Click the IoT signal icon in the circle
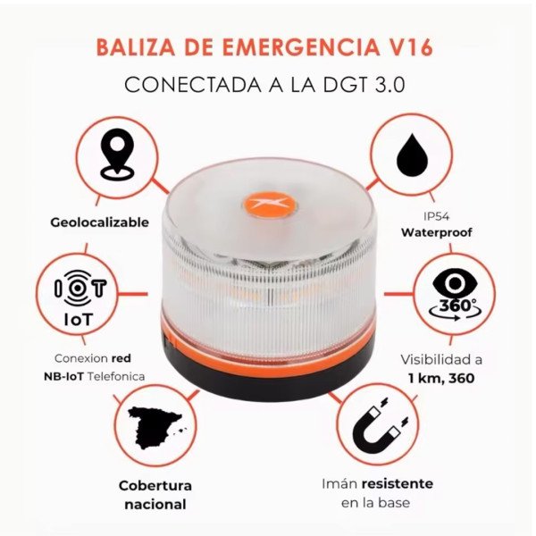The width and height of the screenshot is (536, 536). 80,289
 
